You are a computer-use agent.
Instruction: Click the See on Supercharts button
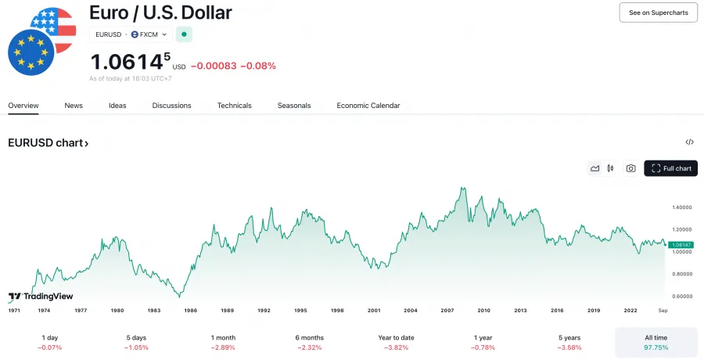[x=658, y=13]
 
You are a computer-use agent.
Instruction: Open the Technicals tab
[x=234, y=106]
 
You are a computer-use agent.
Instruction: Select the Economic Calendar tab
[x=368, y=106]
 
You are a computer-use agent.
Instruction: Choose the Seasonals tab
[x=294, y=106]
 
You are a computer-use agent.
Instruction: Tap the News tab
[x=74, y=106]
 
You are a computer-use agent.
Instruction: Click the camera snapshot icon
[x=630, y=168]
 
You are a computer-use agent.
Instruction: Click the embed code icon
[x=689, y=142]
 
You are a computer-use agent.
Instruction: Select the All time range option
[x=656, y=342]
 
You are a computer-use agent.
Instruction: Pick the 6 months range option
[x=309, y=342]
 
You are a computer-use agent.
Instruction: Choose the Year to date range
[x=396, y=342]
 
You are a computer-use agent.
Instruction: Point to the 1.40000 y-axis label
[x=682, y=207]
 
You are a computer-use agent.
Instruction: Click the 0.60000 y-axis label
[x=682, y=296]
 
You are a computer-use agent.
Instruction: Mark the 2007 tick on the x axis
[x=447, y=311]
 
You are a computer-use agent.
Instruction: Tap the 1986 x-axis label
[x=190, y=311]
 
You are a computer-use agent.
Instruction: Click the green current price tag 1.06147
[x=681, y=245]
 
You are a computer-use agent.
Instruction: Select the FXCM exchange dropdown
[x=149, y=34]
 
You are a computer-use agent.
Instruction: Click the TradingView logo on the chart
[x=40, y=297]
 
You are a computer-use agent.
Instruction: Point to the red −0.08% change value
[x=258, y=66]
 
